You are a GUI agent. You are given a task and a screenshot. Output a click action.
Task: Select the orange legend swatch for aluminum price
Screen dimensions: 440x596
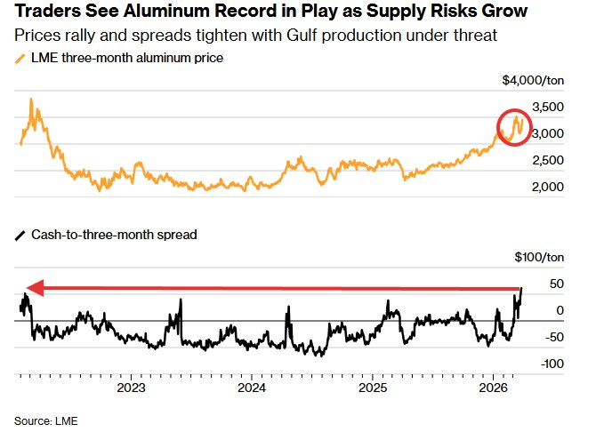click(20, 58)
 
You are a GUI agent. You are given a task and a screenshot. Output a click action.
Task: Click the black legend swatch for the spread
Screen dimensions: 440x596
click(20, 235)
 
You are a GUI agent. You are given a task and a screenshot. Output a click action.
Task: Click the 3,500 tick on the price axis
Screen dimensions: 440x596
click(548, 107)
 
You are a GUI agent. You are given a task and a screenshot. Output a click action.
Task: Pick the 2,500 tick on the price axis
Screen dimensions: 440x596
click(548, 160)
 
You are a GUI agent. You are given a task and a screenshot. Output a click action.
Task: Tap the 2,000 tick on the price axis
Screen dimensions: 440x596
click(548, 187)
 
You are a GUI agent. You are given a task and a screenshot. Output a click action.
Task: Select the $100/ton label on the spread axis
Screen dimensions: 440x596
click(539, 258)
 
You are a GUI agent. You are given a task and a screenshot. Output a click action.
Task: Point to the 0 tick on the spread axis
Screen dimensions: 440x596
click(559, 310)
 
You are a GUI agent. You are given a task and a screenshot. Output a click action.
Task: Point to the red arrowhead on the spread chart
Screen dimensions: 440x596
click(32, 287)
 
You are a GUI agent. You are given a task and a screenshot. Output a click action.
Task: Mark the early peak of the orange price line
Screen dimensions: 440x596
click(31, 100)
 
